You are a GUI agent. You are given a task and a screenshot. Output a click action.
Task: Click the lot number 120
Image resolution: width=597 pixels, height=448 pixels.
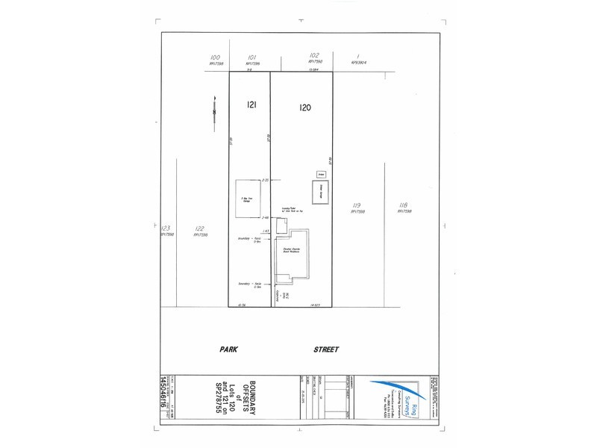pos(304,107)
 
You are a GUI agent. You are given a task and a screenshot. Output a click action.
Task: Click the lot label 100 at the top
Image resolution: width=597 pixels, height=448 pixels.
pos(216,57)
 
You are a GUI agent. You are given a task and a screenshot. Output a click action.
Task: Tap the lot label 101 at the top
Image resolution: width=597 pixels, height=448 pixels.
pos(252,57)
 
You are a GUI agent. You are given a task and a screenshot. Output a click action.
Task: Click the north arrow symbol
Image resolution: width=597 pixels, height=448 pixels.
pos(214,109)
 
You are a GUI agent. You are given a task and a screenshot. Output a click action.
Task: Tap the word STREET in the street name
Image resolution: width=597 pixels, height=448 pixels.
pos(326,349)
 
